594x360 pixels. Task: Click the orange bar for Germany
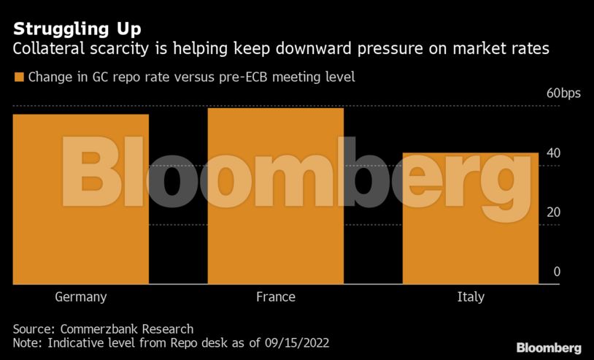click(81, 199)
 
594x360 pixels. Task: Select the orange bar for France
click(275, 196)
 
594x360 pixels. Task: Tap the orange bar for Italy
click(470, 218)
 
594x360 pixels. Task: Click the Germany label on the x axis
click(81, 297)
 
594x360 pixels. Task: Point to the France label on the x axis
click(275, 297)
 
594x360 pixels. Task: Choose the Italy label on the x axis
click(471, 297)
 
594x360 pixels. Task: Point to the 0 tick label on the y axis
click(557, 272)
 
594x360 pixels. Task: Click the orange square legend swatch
click(18, 77)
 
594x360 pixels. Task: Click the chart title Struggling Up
click(77, 30)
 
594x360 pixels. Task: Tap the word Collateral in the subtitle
click(46, 50)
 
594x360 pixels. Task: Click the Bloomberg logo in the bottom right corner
click(549, 348)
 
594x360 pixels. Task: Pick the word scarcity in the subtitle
click(112, 50)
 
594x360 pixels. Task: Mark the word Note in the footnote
click(26, 342)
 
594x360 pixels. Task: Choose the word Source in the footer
click(32, 329)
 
